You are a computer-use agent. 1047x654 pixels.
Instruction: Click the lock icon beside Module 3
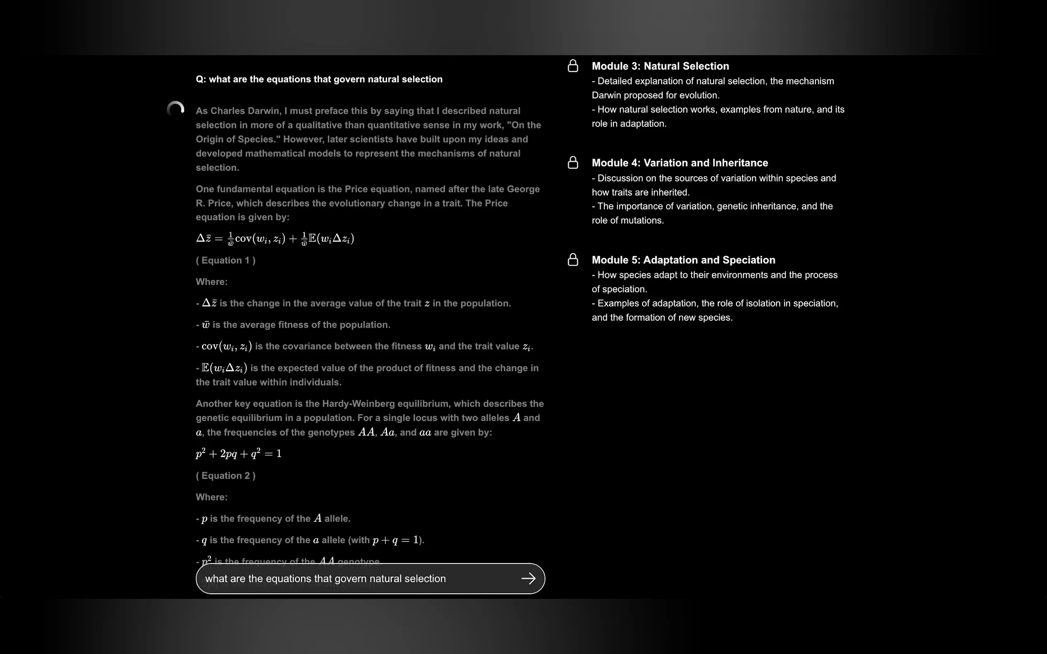pos(573,66)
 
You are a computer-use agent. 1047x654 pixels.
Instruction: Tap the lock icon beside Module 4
pos(573,163)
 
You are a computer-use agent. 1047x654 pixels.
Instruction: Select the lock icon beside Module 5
pos(573,259)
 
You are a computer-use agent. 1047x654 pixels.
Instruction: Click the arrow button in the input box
pos(528,578)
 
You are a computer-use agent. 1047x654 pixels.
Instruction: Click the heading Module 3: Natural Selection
pos(660,66)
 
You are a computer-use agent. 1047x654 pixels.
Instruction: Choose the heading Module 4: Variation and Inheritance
pos(680,163)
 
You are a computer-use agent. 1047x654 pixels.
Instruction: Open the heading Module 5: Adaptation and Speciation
pos(683,260)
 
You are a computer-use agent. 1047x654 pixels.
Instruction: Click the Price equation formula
pos(275,238)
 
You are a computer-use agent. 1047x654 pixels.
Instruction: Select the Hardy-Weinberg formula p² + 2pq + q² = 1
pos(239,453)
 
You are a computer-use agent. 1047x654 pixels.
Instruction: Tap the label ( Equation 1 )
pos(225,260)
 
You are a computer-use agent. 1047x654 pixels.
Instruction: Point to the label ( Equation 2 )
pos(225,476)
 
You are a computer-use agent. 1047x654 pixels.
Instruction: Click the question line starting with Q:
pos(319,79)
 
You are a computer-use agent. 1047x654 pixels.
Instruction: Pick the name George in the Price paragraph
pos(523,189)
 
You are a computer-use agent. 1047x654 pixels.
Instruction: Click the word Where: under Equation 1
pos(211,282)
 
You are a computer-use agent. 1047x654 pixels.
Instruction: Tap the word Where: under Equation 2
pos(211,497)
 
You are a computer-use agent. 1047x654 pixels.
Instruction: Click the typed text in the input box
pos(325,579)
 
